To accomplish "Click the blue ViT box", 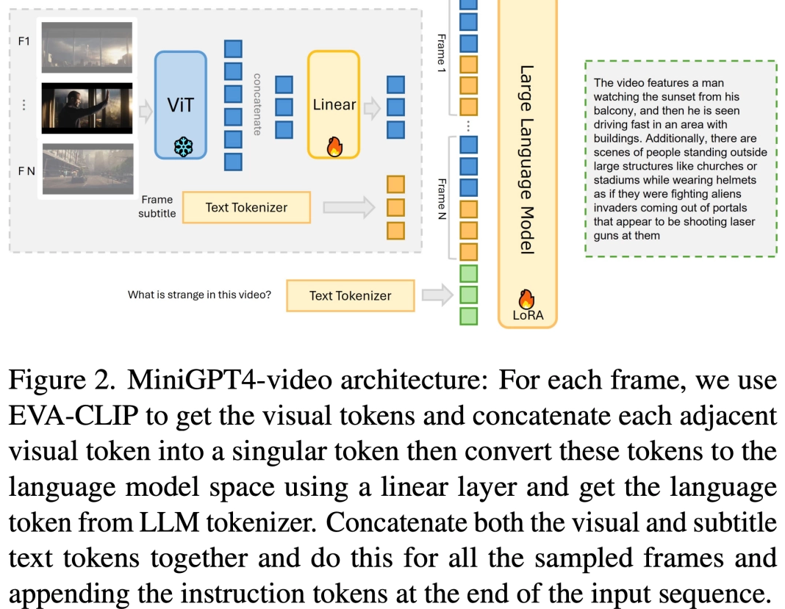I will (180, 104).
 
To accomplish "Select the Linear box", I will (334, 104).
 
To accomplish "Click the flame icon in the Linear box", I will (334, 147).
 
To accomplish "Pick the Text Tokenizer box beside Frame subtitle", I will (246, 207).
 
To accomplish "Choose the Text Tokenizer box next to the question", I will (350, 295).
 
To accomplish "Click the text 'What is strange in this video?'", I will (199, 295).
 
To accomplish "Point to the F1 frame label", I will (24, 41).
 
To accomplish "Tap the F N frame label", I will (26, 171).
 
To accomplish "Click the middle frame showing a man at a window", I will (87, 108).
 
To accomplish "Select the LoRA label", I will (527, 316).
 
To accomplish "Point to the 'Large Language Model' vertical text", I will (526, 160).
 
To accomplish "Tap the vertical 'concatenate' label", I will (257, 104).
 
